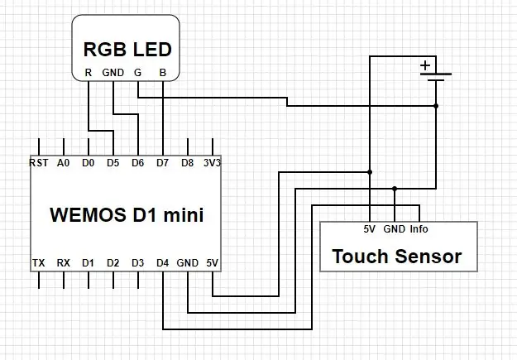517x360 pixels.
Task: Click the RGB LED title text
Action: coord(127,49)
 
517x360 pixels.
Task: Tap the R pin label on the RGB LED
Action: coord(88,73)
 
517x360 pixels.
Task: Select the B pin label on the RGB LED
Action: coord(163,73)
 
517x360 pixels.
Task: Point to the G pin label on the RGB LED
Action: coord(138,73)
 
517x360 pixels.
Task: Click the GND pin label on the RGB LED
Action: coord(113,73)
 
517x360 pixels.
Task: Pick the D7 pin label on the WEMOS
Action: coord(163,163)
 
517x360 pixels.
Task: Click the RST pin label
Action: coord(39,163)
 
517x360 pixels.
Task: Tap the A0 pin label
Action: coord(64,163)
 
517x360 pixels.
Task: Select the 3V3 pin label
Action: coord(212,163)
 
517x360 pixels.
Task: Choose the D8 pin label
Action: coord(187,163)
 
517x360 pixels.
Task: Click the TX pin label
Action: coord(39,263)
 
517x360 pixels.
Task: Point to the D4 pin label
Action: coord(163,263)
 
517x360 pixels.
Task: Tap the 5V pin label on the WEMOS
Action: coord(213,263)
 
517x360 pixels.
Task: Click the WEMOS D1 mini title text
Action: coord(127,214)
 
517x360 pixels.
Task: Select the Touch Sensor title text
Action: coord(397,257)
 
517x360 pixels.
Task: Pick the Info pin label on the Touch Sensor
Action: coord(419,229)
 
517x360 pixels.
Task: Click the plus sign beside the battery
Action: coord(425,65)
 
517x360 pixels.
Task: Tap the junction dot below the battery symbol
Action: coord(436,106)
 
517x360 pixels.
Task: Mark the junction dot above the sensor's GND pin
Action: coord(395,189)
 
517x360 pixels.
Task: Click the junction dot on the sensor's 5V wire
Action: coord(370,172)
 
